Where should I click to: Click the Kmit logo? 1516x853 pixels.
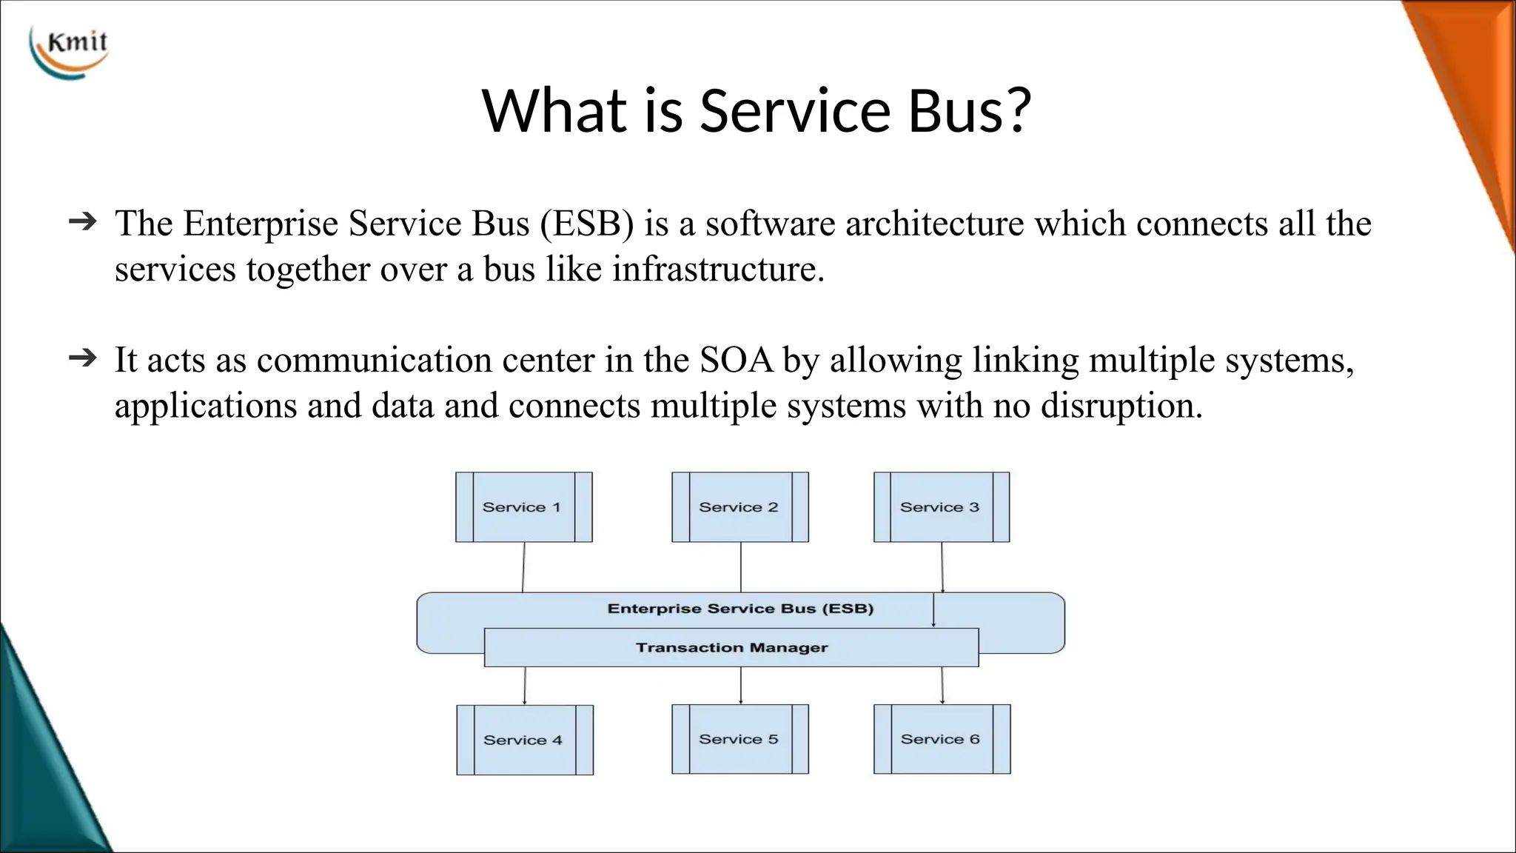[70, 52]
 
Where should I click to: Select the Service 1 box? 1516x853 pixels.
[523, 507]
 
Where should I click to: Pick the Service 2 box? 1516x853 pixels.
[739, 507]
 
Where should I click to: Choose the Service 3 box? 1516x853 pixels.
[941, 507]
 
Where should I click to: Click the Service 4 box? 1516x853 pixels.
[524, 740]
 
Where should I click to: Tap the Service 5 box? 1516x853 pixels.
[739, 739]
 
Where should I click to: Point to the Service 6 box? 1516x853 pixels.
[941, 739]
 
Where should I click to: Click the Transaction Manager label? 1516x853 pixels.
[731, 648]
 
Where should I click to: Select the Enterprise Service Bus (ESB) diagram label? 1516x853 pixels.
[740, 609]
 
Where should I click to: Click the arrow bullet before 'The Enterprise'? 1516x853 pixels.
[82, 221]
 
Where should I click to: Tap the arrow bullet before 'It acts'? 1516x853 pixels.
[82, 358]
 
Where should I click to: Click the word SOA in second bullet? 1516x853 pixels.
[736, 361]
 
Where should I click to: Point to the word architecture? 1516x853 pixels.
[934, 224]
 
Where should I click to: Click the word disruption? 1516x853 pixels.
[1121, 407]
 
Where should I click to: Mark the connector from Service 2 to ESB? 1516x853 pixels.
[740, 566]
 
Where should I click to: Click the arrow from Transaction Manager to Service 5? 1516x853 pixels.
[740, 685]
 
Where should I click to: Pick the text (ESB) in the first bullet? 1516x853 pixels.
[587, 224]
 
